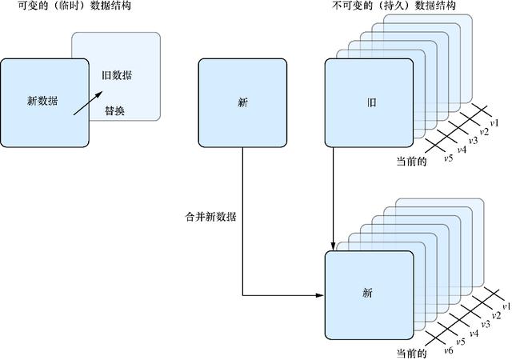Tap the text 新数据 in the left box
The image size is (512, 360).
point(43,101)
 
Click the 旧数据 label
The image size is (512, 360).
point(118,76)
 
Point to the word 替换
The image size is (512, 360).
point(114,111)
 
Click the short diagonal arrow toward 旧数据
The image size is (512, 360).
point(88,103)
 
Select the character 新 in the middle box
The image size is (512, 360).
point(242,102)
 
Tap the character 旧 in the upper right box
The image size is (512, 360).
point(370,102)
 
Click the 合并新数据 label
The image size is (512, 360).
point(212,217)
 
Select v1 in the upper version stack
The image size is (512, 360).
point(494,123)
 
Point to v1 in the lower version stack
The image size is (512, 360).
point(506,306)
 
